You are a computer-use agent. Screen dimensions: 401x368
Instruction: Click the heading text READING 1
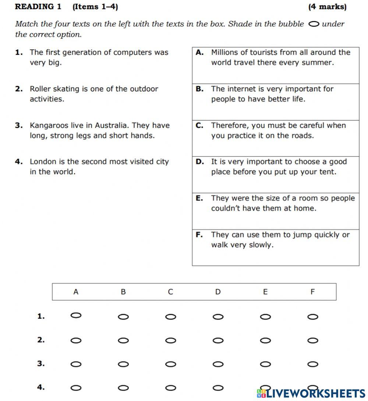[x=38, y=7]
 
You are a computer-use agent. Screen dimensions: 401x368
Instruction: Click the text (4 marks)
[x=327, y=7]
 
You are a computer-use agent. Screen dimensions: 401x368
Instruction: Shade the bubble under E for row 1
[x=265, y=317]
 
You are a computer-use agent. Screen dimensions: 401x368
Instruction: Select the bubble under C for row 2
[x=171, y=341]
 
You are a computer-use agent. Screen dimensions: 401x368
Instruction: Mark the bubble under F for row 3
[x=312, y=364]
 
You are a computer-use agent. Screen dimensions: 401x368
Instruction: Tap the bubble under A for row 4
[x=76, y=388]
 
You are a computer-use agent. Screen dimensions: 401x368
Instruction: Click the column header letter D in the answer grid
[x=218, y=292]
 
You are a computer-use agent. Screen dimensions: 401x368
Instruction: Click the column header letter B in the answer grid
[x=123, y=292]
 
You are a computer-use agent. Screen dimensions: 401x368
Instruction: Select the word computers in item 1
[x=133, y=52]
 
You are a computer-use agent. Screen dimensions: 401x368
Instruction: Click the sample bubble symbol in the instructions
[x=314, y=24]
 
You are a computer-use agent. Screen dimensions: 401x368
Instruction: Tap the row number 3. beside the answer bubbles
[x=41, y=364]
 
